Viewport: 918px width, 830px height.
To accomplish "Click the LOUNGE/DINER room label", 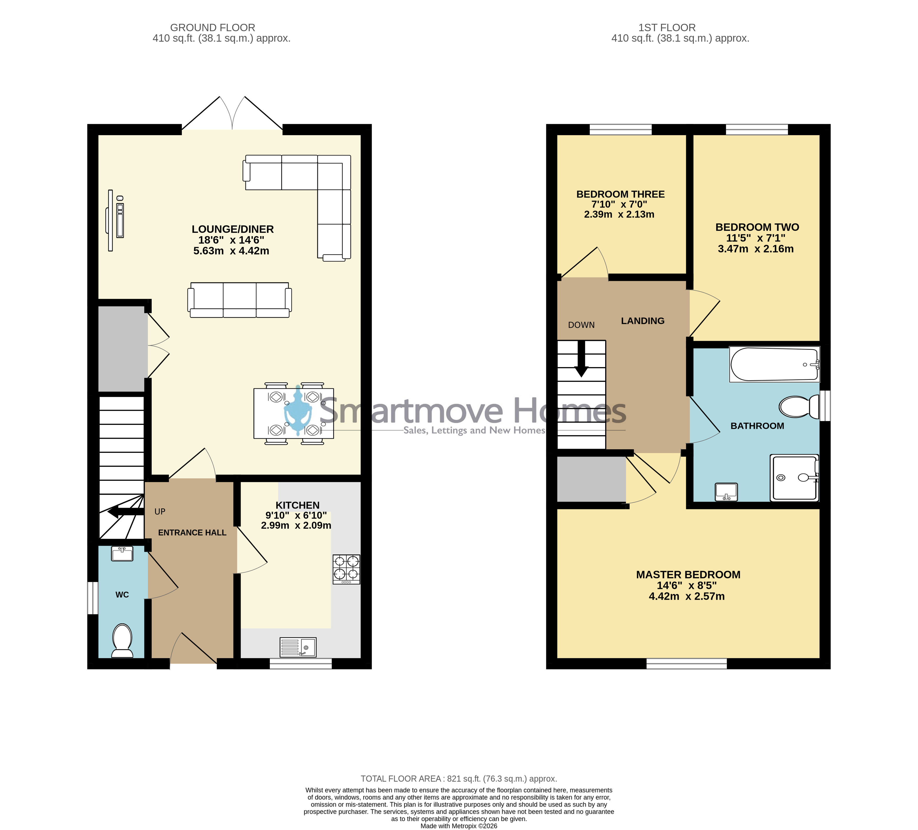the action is coord(233,229).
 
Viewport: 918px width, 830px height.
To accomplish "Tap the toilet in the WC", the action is coord(122,640).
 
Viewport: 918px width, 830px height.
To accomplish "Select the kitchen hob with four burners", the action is coord(347,569).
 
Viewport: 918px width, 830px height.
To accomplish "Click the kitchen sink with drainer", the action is coord(298,647).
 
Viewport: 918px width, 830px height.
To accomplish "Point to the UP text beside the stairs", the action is coord(160,512).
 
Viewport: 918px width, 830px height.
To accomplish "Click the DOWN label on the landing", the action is coord(581,325).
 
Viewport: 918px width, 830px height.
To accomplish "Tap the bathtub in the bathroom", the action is coord(775,364).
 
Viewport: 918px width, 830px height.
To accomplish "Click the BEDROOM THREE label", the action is coord(620,194).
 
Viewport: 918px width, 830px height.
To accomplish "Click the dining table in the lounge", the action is coord(294,414).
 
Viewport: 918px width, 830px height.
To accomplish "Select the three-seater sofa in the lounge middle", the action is coord(240,300).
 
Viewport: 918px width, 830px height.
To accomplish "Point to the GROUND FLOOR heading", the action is coord(213,28).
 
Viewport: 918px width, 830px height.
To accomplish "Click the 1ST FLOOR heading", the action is coord(667,28).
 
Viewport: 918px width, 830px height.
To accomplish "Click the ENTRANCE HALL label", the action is coord(192,532).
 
